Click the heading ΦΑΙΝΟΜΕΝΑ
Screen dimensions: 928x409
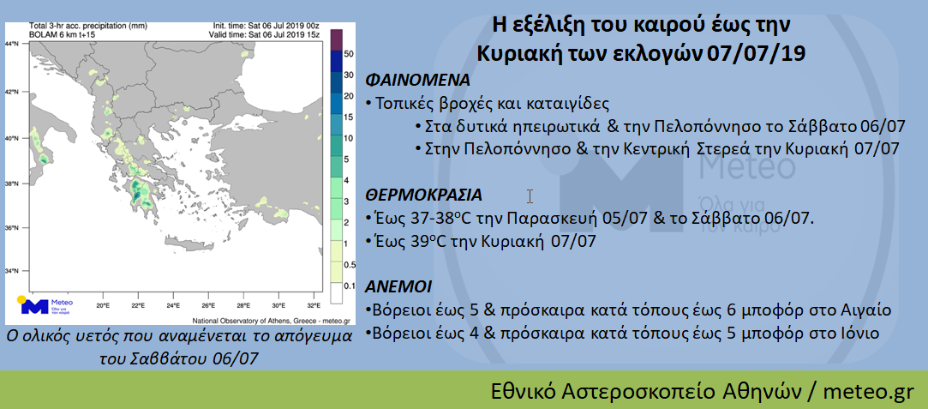(418, 80)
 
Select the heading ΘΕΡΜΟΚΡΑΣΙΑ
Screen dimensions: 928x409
(424, 195)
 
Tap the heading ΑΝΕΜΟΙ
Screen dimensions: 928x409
(399, 287)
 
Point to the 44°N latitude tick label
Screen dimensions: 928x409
(12, 43)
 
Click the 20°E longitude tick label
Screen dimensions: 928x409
(103, 307)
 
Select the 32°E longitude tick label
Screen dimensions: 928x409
(313, 307)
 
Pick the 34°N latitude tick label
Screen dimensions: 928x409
(12, 271)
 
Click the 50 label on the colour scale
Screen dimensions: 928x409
(350, 54)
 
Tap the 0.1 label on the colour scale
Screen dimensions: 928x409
(350, 286)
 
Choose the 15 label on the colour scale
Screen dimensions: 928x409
(350, 117)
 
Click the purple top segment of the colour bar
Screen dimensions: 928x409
(335, 39)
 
